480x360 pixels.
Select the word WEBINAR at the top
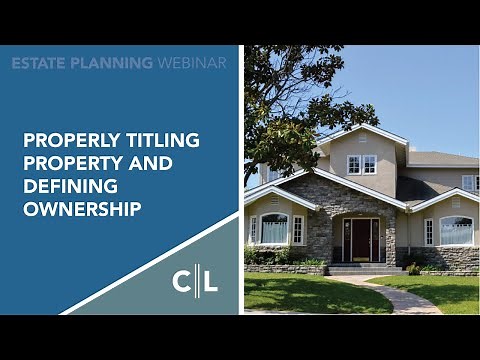(x=192, y=63)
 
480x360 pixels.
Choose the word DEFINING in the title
(x=67, y=185)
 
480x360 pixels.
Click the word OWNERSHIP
(x=82, y=208)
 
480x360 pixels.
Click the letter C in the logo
(x=182, y=281)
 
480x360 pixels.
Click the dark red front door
(x=361, y=239)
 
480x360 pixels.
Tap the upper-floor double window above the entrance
(x=361, y=164)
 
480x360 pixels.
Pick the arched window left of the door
(x=274, y=229)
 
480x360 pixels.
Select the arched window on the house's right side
(x=456, y=230)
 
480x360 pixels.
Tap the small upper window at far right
(x=468, y=182)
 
